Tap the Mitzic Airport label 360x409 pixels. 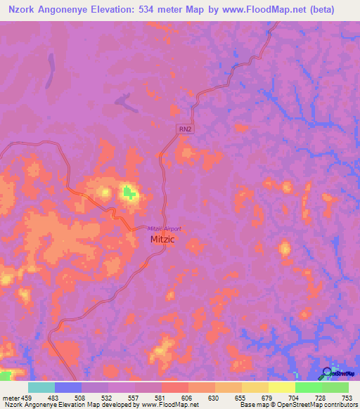tap(164, 228)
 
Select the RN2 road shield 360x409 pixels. tap(183, 129)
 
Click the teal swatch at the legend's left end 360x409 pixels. tap(41, 387)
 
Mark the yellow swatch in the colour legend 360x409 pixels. tap(281, 387)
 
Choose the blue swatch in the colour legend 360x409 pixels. tap(67, 387)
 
